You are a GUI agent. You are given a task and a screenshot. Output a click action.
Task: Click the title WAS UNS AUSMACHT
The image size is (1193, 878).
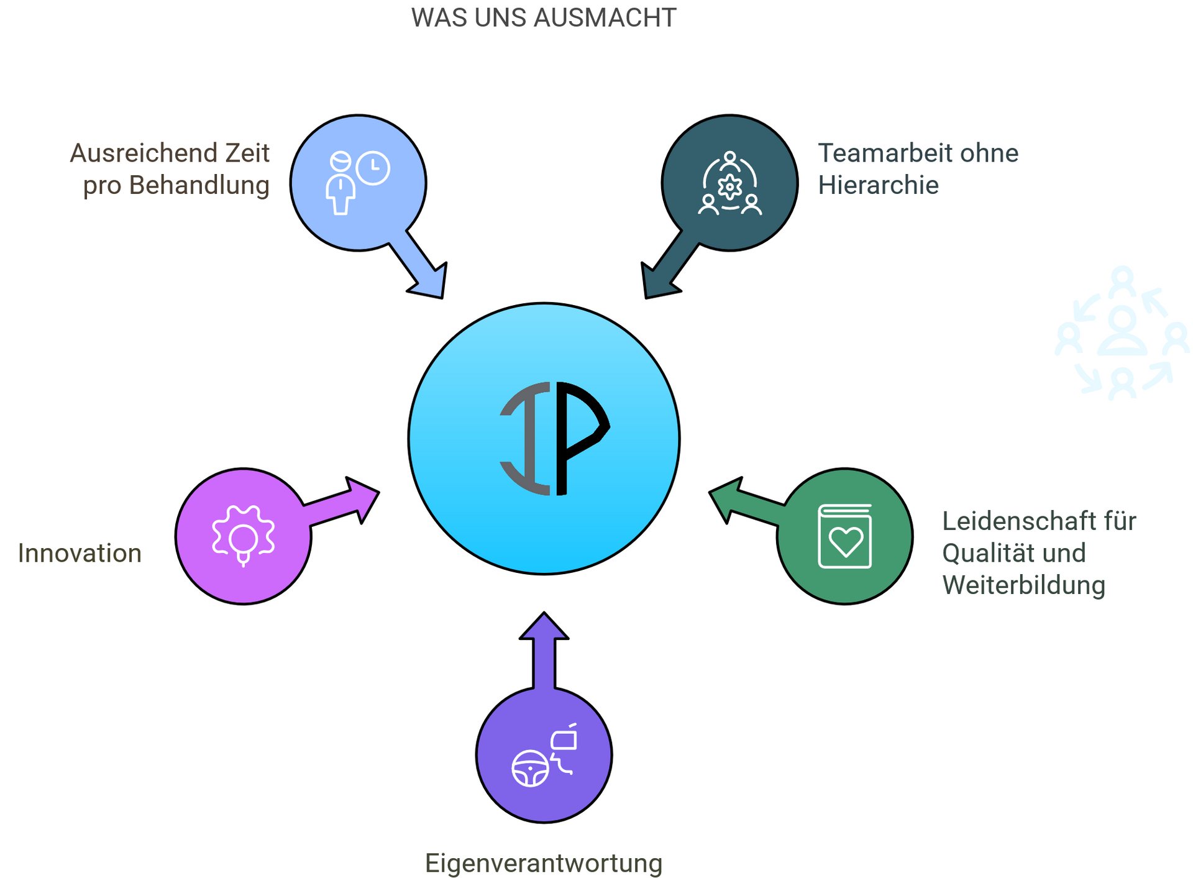point(543,18)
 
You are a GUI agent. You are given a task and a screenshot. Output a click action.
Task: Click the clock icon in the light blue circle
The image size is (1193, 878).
point(373,168)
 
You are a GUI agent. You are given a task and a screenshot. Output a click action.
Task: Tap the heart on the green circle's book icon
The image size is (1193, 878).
point(846,541)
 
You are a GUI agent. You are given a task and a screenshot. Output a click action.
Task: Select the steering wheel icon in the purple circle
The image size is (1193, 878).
point(530,769)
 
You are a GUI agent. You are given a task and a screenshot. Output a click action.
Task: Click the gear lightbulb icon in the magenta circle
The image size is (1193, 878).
point(243,536)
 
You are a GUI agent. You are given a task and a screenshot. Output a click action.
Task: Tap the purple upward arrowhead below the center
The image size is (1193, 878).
point(544,628)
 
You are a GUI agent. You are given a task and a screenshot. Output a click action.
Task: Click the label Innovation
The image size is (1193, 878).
point(80,553)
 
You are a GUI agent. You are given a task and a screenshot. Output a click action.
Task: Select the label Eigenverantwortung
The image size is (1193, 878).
point(543,863)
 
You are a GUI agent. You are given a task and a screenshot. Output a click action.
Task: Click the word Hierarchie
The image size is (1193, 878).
point(877,185)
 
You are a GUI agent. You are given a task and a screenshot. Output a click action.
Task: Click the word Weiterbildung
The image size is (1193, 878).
point(1023,585)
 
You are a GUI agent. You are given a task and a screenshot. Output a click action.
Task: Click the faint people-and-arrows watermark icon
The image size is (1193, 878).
point(1122,332)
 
